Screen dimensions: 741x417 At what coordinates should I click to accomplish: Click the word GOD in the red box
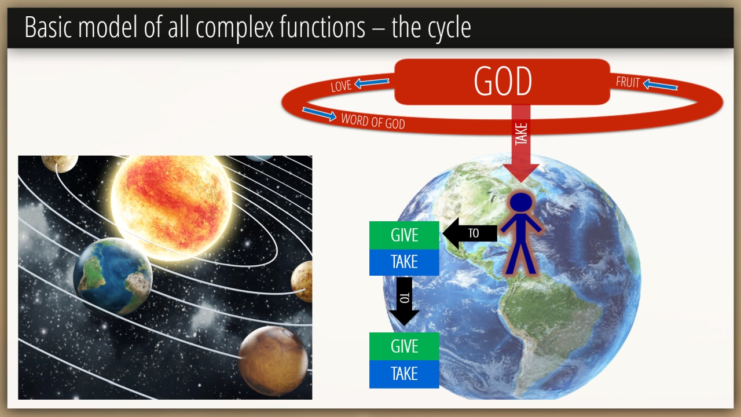(503, 81)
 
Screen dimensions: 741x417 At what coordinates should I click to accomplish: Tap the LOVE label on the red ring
(341, 86)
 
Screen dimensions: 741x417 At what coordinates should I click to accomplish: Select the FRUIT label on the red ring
(628, 82)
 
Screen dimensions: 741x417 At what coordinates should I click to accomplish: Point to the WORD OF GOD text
(373, 121)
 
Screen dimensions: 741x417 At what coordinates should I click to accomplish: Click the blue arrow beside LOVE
(372, 82)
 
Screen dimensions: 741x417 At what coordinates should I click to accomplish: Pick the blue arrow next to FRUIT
(661, 85)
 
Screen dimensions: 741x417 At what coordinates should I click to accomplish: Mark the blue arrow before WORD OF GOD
(319, 114)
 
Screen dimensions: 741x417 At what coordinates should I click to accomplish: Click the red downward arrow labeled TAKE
(521, 143)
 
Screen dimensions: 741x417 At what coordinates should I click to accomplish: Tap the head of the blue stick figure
(521, 202)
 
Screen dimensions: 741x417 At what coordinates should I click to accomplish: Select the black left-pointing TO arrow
(469, 233)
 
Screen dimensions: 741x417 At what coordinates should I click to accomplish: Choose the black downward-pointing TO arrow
(404, 301)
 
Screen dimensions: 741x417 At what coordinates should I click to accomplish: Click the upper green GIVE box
(404, 235)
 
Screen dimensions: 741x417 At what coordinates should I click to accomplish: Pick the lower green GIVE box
(404, 346)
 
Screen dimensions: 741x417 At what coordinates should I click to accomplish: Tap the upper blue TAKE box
(404, 262)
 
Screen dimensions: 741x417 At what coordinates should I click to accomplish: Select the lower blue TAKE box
(404, 374)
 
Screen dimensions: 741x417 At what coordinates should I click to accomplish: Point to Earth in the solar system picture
(112, 276)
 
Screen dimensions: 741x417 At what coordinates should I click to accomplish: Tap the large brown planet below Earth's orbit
(273, 361)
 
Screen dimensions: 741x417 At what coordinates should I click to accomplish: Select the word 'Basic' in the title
(48, 27)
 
